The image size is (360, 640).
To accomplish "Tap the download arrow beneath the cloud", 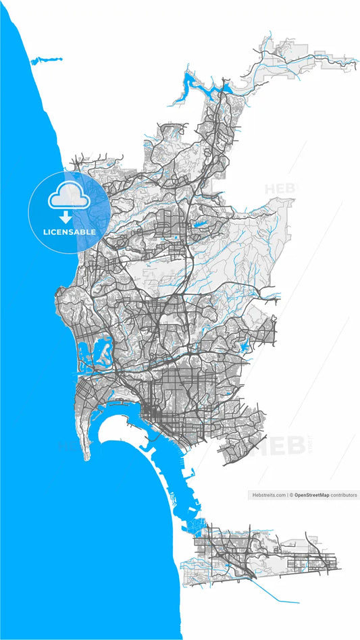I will point(66,217).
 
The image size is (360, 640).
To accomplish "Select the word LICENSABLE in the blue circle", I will point(70,232).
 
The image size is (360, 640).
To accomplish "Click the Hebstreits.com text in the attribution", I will point(268,495).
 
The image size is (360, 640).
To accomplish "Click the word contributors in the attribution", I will point(344,495).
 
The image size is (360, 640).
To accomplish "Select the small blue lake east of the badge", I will point(200,225).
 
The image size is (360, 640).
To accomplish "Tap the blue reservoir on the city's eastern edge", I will point(244,346).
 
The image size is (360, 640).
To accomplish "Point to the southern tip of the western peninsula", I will point(87,458).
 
